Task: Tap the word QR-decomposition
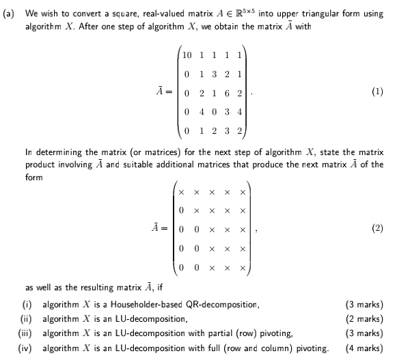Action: [215, 304]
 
